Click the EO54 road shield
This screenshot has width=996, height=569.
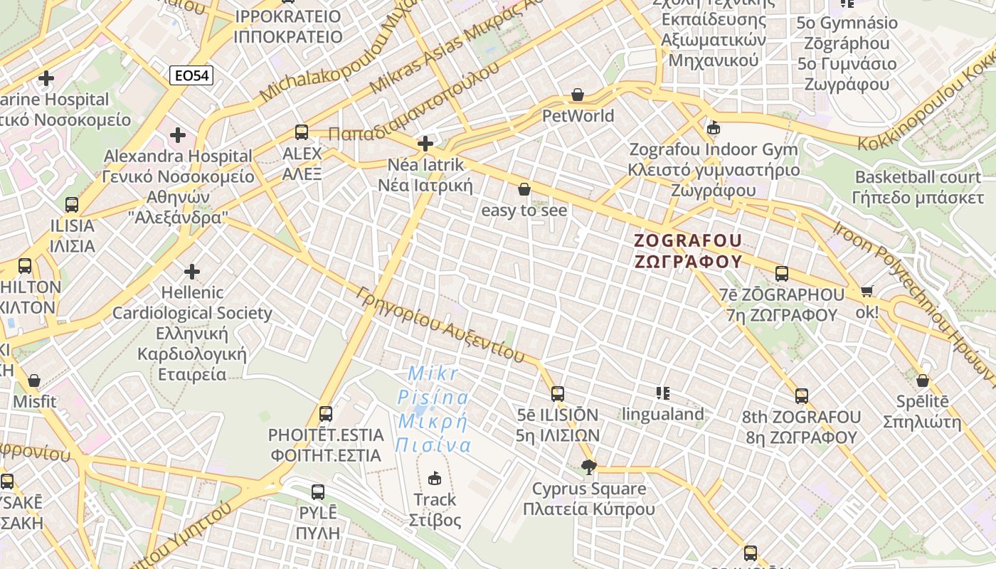point(192,75)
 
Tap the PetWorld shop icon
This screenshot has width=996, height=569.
point(578,95)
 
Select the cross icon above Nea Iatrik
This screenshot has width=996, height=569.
point(425,144)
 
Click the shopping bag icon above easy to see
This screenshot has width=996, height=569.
point(524,189)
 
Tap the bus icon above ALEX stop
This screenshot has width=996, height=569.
point(302,132)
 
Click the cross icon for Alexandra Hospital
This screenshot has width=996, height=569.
point(178,134)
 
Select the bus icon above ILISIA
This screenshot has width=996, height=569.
point(72,205)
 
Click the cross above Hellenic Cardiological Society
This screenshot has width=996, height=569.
point(192,271)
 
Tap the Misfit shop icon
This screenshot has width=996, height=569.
point(34,381)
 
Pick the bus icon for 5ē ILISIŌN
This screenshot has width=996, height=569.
point(558,393)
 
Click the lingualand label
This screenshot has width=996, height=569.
point(663,414)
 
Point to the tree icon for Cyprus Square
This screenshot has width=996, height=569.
point(588,467)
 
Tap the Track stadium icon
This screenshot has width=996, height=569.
point(435,479)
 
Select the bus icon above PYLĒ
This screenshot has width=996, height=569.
point(318,491)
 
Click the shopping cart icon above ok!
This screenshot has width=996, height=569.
point(867,291)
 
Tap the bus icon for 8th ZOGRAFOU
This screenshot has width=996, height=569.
point(802,396)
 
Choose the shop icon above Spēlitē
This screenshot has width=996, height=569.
point(923,381)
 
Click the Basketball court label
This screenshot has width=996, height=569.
point(918,177)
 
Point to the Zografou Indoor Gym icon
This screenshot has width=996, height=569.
point(714,129)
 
